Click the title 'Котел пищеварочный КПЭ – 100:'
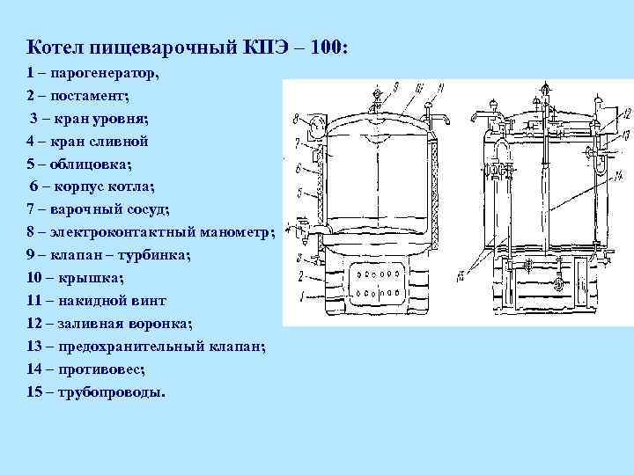[188, 46]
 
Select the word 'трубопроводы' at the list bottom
[111, 392]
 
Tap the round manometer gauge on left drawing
[314, 117]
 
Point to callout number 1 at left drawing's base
[301, 296]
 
